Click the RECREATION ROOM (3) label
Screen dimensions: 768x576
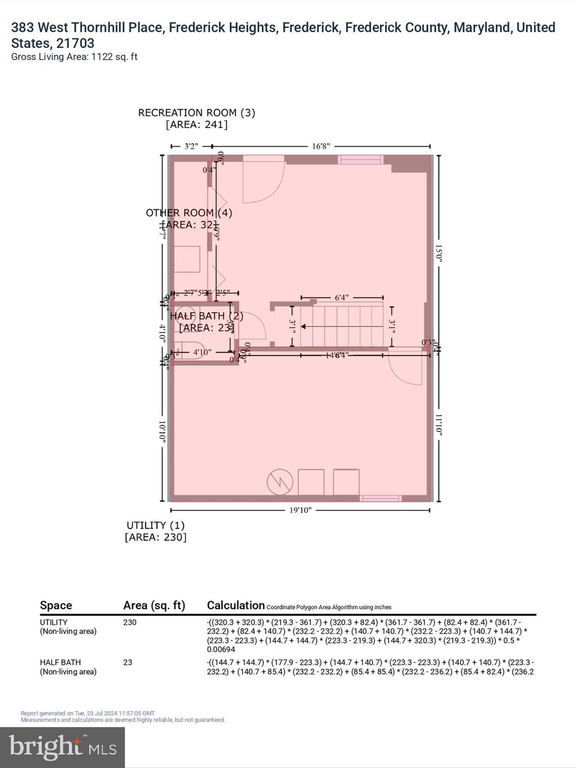(x=196, y=113)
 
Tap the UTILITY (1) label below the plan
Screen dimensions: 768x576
(x=155, y=525)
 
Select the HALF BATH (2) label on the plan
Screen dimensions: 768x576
(x=206, y=316)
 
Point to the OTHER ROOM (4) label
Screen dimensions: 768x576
(x=189, y=213)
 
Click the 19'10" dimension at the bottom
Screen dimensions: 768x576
(x=300, y=510)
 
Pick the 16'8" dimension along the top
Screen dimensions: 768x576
(x=321, y=146)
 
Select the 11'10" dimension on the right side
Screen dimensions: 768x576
(x=438, y=425)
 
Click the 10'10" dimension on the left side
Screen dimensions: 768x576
(x=162, y=430)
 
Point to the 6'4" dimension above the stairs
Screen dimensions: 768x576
(x=341, y=298)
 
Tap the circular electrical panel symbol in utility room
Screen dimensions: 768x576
(x=280, y=482)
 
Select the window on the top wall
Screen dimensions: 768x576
(x=360, y=160)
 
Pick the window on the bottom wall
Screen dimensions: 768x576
(x=380, y=498)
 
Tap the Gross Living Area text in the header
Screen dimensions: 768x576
(x=74, y=57)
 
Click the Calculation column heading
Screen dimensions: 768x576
(x=235, y=605)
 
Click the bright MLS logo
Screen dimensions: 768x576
(x=62, y=747)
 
